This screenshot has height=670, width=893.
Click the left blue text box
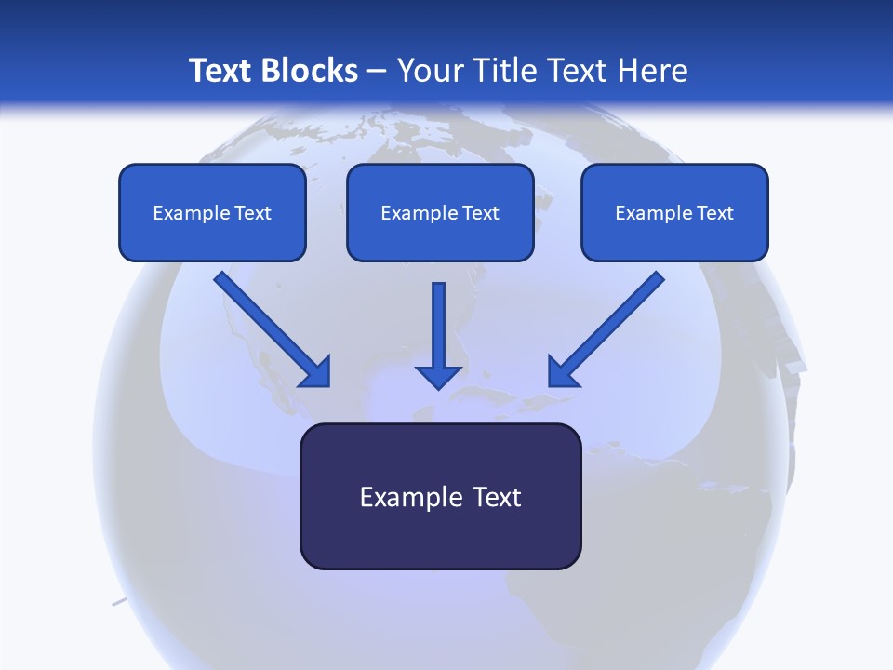(212, 233)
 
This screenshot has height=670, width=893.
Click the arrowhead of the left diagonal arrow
(316, 372)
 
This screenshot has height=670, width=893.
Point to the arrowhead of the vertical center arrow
(438, 376)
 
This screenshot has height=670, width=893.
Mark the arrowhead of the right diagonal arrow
(562, 372)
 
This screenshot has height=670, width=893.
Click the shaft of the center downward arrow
(438, 321)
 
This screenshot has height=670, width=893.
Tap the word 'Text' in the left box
(252, 213)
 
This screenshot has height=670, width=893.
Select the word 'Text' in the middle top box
(480, 213)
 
